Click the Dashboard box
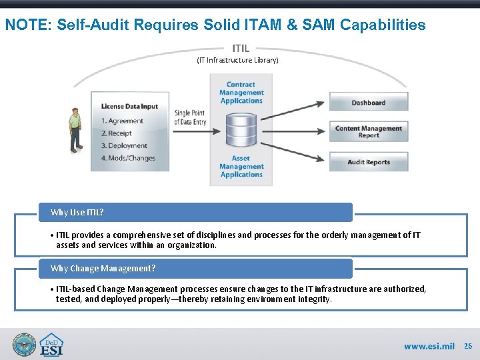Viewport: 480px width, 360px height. point(368,103)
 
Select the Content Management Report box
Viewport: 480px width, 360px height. point(368,131)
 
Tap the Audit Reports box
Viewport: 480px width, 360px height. point(368,162)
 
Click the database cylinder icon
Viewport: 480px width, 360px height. point(241,131)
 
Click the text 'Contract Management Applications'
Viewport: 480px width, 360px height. point(241,93)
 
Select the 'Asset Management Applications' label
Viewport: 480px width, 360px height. point(241,167)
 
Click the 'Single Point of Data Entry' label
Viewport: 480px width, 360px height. point(190,117)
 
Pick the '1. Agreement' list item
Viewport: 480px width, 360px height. point(122,121)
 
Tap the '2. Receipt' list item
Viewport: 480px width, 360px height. point(117,133)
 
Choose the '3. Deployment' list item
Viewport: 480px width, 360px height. point(124,145)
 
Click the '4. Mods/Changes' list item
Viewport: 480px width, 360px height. point(128,158)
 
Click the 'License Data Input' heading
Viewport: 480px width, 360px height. point(130,106)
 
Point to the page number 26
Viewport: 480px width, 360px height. point(467,346)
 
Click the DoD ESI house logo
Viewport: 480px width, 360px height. point(51,345)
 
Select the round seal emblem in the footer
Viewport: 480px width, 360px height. point(24,345)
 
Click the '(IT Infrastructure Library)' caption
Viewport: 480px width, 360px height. point(237,60)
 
